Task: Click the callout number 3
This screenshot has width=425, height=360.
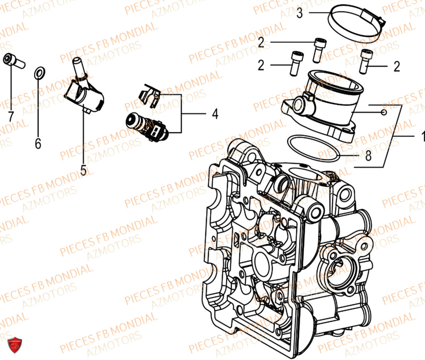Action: tap(300, 13)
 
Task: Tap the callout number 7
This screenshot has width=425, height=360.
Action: tap(11, 115)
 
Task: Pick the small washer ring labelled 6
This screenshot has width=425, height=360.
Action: tap(38, 73)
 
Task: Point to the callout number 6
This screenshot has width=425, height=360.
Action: tap(38, 145)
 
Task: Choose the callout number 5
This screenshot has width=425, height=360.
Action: tap(83, 170)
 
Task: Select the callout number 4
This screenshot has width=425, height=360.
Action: tap(215, 114)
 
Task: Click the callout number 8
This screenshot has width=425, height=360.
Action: tap(368, 156)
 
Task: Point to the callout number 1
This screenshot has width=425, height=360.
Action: tap(422, 136)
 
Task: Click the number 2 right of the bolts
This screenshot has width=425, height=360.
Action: tap(397, 66)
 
